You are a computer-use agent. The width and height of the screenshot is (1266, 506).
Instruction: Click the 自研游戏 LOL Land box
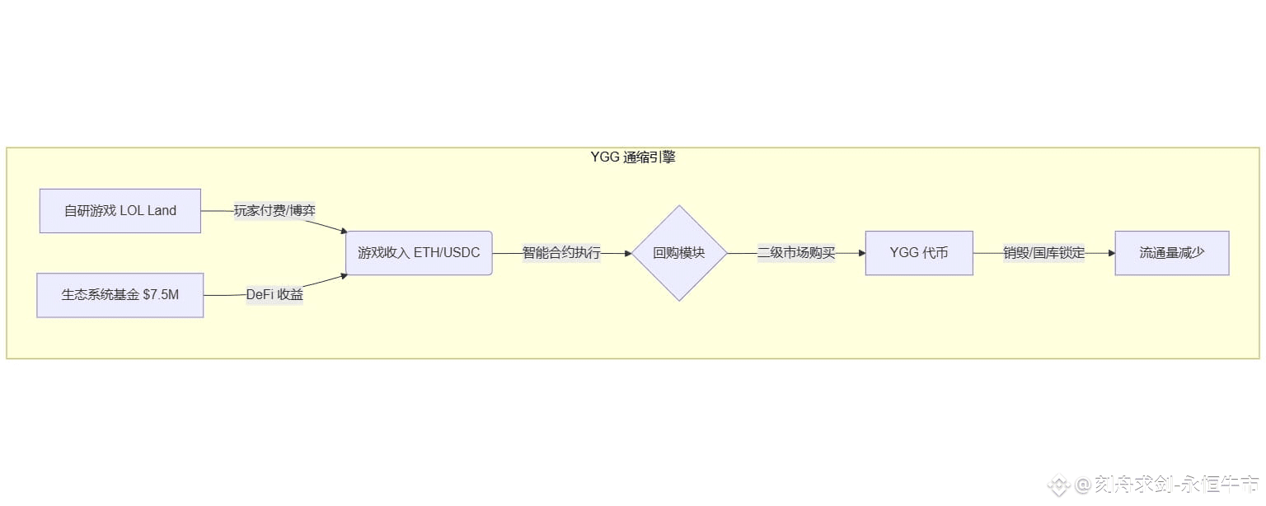pos(120,211)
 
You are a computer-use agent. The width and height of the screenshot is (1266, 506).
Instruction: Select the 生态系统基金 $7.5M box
pos(120,295)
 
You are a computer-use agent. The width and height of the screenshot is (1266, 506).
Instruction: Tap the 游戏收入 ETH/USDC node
pos(419,253)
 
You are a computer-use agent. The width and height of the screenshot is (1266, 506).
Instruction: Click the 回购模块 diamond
pos(679,253)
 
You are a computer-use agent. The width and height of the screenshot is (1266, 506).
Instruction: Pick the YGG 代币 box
pos(919,253)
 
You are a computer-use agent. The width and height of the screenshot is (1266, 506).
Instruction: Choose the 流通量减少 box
pos(1172,253)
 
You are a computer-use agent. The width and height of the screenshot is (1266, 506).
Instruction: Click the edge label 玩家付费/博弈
pos(274,211)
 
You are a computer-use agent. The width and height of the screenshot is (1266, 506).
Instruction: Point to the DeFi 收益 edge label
pos(274,295)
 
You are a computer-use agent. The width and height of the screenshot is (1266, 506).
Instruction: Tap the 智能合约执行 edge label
pos(561,253)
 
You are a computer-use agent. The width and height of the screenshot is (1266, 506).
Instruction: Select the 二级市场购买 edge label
pos(796,253)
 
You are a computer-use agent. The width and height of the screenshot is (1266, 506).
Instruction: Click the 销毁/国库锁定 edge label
pos(1043,253)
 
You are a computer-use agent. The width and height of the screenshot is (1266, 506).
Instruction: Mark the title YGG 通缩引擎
pos(633,157)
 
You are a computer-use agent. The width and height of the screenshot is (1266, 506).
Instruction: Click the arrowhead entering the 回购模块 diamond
pos(627,253)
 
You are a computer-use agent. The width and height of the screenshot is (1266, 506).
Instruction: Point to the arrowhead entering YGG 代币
pos(861,253)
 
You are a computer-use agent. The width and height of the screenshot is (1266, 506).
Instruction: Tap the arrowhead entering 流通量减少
pos(1111,253)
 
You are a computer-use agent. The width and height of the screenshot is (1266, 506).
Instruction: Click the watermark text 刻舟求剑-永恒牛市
pos(1177,484)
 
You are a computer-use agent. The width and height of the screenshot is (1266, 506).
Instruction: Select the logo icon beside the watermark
pos(1059,485)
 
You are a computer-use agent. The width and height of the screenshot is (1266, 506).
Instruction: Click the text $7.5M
pos(160,295)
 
